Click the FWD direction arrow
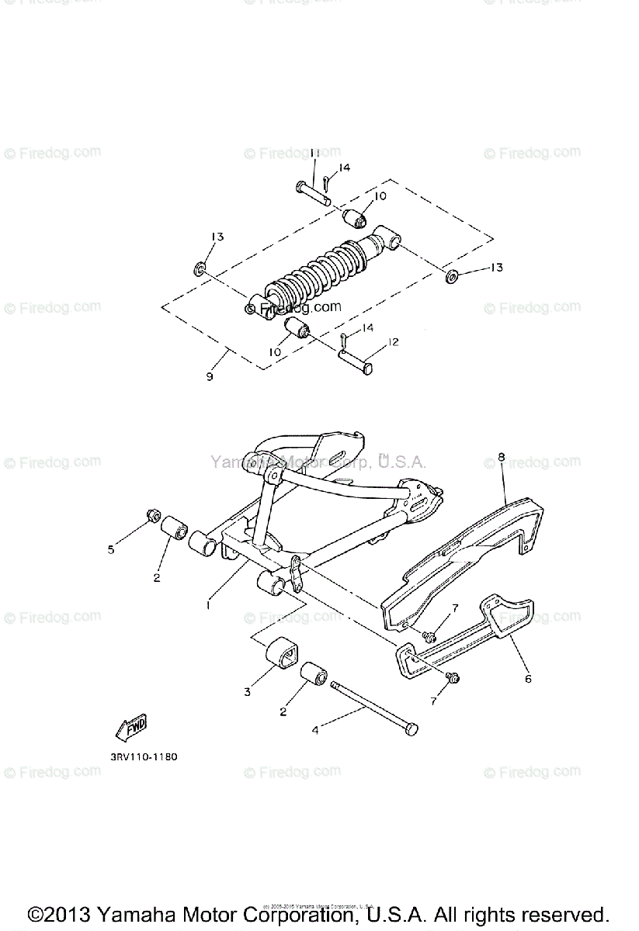[130, 726]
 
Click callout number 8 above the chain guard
[502, 458]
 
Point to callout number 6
[528, 678]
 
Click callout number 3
[248, 691]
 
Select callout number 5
[111, 549]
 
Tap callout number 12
[393, 342]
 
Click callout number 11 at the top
[314, 154]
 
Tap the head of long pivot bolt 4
[410, 728]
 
